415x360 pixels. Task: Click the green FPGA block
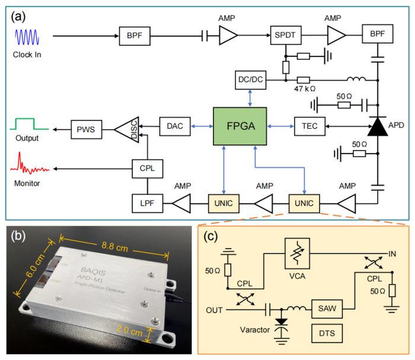coord(239,126)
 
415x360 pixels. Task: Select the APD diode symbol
coord(377,126)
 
